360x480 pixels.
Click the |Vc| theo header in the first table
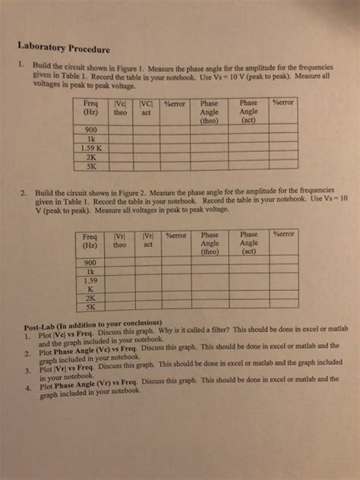tap(121, 107)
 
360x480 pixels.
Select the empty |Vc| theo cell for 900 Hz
tap(121, 131)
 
